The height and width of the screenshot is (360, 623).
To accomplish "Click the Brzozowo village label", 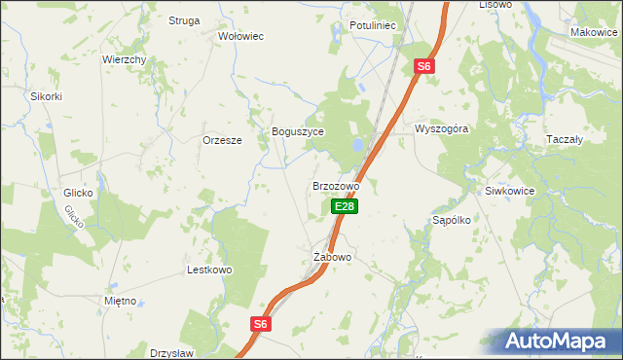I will [x=336, y=185].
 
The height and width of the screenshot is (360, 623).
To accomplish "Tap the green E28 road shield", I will [x=346, y=206].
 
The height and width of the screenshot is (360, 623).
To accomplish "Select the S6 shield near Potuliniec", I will [x=422, y=66].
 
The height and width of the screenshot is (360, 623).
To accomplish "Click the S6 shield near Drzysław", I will [x=260, y=325].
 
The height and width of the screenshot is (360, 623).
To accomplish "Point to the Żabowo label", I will [x=332, y=257].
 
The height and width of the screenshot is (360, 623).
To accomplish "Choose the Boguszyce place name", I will [x=297, y=131].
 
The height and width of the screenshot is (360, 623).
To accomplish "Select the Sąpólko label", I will [x=452, y=220].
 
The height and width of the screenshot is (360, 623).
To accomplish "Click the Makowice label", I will [x=595, y=33].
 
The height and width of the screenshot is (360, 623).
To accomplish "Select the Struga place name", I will [x=184, y=20].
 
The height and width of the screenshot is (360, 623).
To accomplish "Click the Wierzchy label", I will [x=125, y=59].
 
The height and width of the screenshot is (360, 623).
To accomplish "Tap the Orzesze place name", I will [x=222, y=139].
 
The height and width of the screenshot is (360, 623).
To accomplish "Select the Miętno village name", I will [x=120, y=302].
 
